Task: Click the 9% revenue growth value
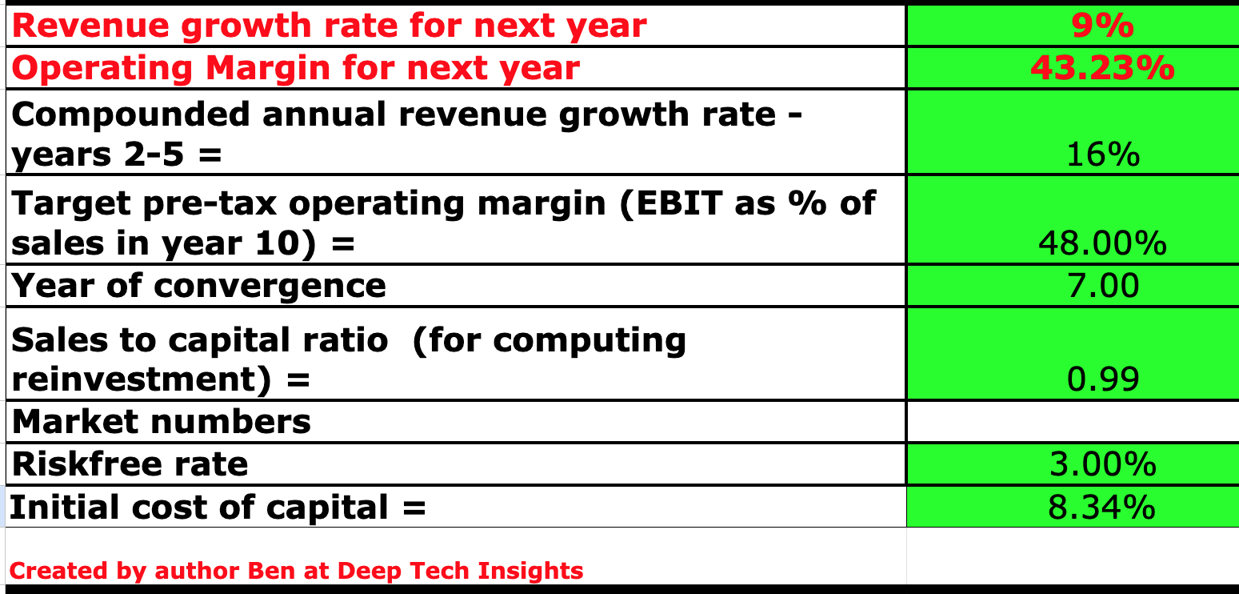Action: (x=1102, y=26)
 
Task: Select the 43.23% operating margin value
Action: (x=1102, y=69)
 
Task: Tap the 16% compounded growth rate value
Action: (x=1102, y=155)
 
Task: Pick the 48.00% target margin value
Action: (x=1102, y=243)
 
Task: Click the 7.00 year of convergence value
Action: (x=1102, y=286)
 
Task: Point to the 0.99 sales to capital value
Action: (x=1102, y=379)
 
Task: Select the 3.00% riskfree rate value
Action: (x=1102, y=464)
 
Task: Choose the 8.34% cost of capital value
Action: (x=1102, y=507)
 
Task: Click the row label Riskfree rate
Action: (x=130, y=464)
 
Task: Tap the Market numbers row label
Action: (x=162, y=422)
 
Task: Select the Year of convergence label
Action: (x=199, y=286)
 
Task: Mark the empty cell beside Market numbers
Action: (x=1072, y=422)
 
